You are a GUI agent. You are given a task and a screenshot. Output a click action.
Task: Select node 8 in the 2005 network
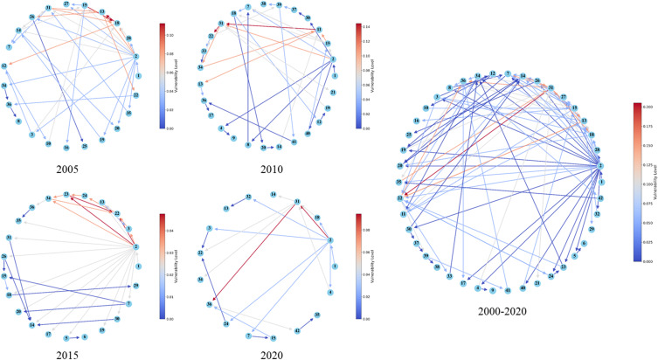tap(18, 121)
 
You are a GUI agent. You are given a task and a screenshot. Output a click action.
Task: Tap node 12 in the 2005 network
tap(5, 66)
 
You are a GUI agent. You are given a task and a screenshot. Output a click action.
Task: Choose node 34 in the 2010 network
tap(202, 66)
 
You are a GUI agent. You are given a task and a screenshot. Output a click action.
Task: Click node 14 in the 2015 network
tap(31, 325)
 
